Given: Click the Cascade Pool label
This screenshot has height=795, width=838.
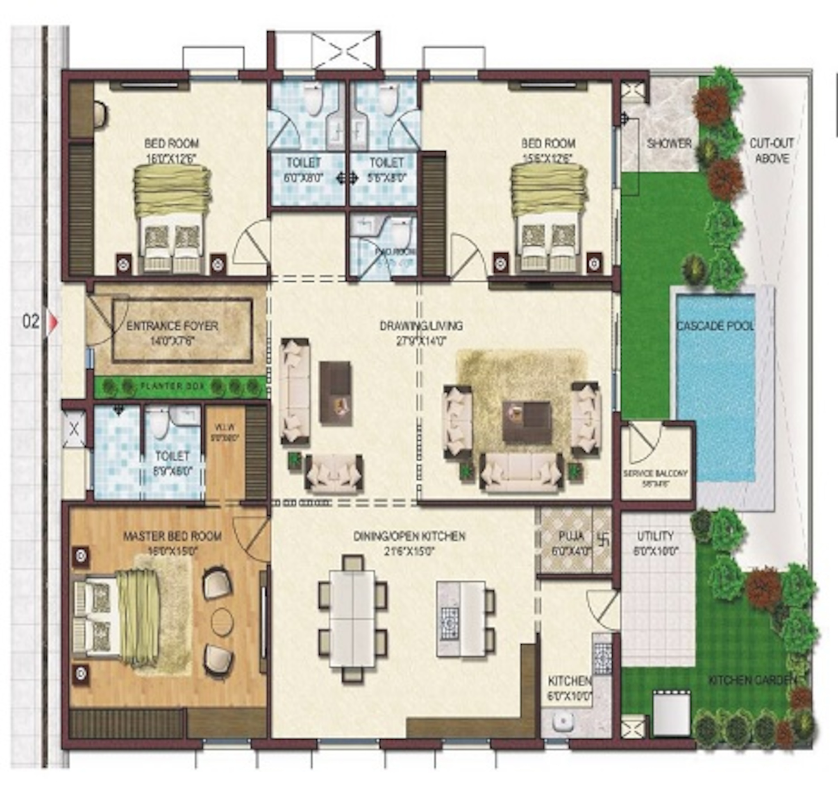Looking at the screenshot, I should click(715, 326).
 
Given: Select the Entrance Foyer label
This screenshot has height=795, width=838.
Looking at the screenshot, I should click(172, 326).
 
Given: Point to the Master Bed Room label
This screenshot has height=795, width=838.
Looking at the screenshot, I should click(172, 536).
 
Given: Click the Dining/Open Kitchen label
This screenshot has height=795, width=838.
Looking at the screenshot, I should click(409, 536).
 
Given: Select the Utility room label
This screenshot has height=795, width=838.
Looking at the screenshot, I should click(655, 536).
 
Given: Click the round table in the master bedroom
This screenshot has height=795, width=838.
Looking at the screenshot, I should click(222, 621).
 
